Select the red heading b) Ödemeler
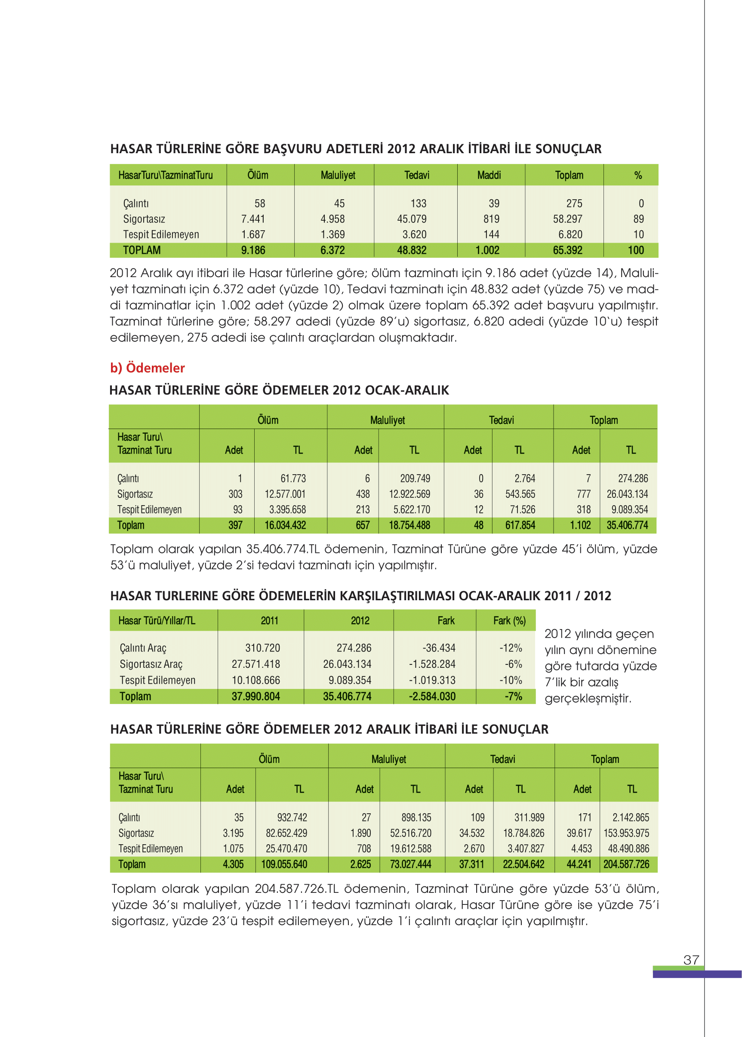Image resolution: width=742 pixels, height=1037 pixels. point(147,367)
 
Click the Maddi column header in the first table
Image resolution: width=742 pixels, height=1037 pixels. point(489,175)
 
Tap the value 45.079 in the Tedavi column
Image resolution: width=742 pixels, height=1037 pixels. point(412,219)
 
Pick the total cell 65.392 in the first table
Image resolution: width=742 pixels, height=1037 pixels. point(567,250)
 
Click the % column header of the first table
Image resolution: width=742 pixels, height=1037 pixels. point(638,175)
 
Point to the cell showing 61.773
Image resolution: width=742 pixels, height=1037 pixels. point(293,478)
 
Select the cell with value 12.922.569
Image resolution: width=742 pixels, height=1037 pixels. point(409,494)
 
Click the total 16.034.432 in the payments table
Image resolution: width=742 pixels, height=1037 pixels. point(285,525)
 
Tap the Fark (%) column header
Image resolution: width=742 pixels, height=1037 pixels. point(509,620)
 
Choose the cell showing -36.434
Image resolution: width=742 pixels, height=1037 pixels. point(439,648)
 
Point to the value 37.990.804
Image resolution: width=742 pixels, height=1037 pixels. point(256,696)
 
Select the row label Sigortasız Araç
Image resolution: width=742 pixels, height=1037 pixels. point(151,664)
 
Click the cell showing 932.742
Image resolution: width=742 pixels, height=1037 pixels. point(292,817)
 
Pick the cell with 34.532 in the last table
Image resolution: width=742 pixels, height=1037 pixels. point(471,833)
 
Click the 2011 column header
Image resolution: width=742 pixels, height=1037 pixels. point(270,620)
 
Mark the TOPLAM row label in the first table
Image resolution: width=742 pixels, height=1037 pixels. point(142,250)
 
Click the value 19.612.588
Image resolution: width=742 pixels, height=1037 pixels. point(410,848)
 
